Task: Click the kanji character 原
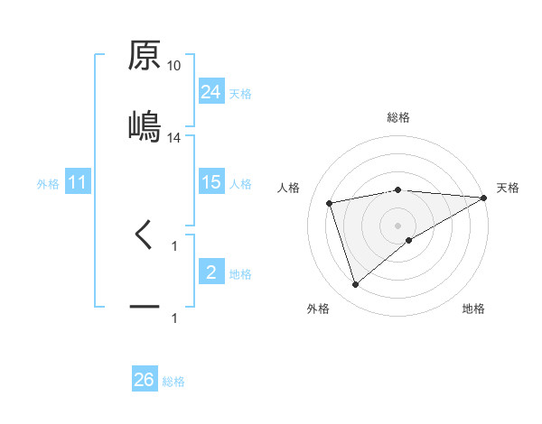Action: tap(145, 56)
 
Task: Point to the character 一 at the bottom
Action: tap(145, 308)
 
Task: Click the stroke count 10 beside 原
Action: tap(174, 66)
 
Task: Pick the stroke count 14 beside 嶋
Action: tap(174, 138)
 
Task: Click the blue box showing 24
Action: tap(211, 91)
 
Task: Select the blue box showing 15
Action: tap(211, 182)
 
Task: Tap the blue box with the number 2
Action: tap(211, 272)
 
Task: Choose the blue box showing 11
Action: tap(78, 182)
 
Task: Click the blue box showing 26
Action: tap(145, 380)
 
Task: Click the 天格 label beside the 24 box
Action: tap(240, 93)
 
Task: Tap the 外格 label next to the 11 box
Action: tap(48, 183)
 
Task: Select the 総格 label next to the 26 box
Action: tap(173, 382)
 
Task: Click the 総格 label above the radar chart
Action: tap(398, 117)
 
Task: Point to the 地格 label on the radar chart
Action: tap(473, 309)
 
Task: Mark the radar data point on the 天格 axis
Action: tap(484, 198)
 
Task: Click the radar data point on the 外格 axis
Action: tap(355, 285)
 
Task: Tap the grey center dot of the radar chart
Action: tap(398, 225)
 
